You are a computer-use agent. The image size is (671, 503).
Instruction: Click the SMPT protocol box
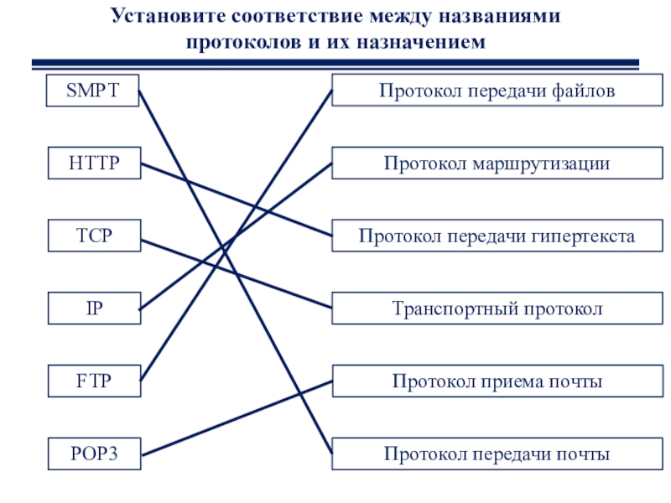(92, 91)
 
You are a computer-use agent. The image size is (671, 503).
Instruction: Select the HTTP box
(94, 163)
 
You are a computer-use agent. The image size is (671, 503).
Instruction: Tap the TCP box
(94, 236)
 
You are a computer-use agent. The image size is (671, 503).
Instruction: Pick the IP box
(94, 308)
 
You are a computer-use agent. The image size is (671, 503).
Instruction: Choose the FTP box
(94, 381)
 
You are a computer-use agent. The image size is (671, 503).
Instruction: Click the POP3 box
(94, 454)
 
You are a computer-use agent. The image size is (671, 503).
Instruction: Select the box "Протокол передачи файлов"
(497, 91)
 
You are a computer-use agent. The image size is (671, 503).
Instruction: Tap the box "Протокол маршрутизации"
(497, 163)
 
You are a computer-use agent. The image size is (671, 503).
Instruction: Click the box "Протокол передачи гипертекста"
(497, 236)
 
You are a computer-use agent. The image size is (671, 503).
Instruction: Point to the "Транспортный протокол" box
(497, 308)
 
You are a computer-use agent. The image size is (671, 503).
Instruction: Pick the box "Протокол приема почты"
(497, 381)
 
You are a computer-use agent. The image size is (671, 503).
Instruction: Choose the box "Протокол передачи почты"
(497, 454)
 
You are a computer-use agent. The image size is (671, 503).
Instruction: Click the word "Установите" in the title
(169, 16)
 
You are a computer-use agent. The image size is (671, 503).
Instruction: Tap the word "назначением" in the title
(422, 42)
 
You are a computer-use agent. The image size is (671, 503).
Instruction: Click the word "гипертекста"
(583, 236)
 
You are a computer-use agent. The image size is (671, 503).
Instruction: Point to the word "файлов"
(583, 91)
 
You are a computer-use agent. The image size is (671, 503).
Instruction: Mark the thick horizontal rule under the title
(335, 64)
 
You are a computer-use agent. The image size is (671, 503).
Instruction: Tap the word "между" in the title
(403, 17)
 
